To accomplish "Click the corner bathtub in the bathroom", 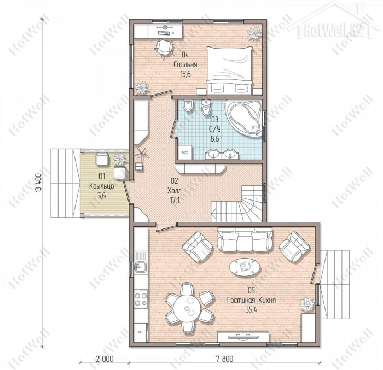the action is tap(243, 118).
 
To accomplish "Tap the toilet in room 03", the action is tap(206, 107).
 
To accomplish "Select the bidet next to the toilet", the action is tap(188, 107).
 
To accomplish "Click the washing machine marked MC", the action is tap(185, 152).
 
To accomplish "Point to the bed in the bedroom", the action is tap(229, 70).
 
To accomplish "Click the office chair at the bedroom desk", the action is tap(164, 48).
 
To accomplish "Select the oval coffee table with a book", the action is tap(245, 267).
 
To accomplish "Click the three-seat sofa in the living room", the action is tap(245, 239).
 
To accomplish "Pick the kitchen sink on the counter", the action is tap(141, 267).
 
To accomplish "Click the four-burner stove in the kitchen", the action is tap(141, 299).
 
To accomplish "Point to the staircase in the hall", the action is tap(237, 203).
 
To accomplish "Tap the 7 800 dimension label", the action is tap(224, 359).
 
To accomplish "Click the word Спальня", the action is tap(185, 64).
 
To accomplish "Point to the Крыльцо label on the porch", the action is tap(102, 186).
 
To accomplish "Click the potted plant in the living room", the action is tap(307, 304).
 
